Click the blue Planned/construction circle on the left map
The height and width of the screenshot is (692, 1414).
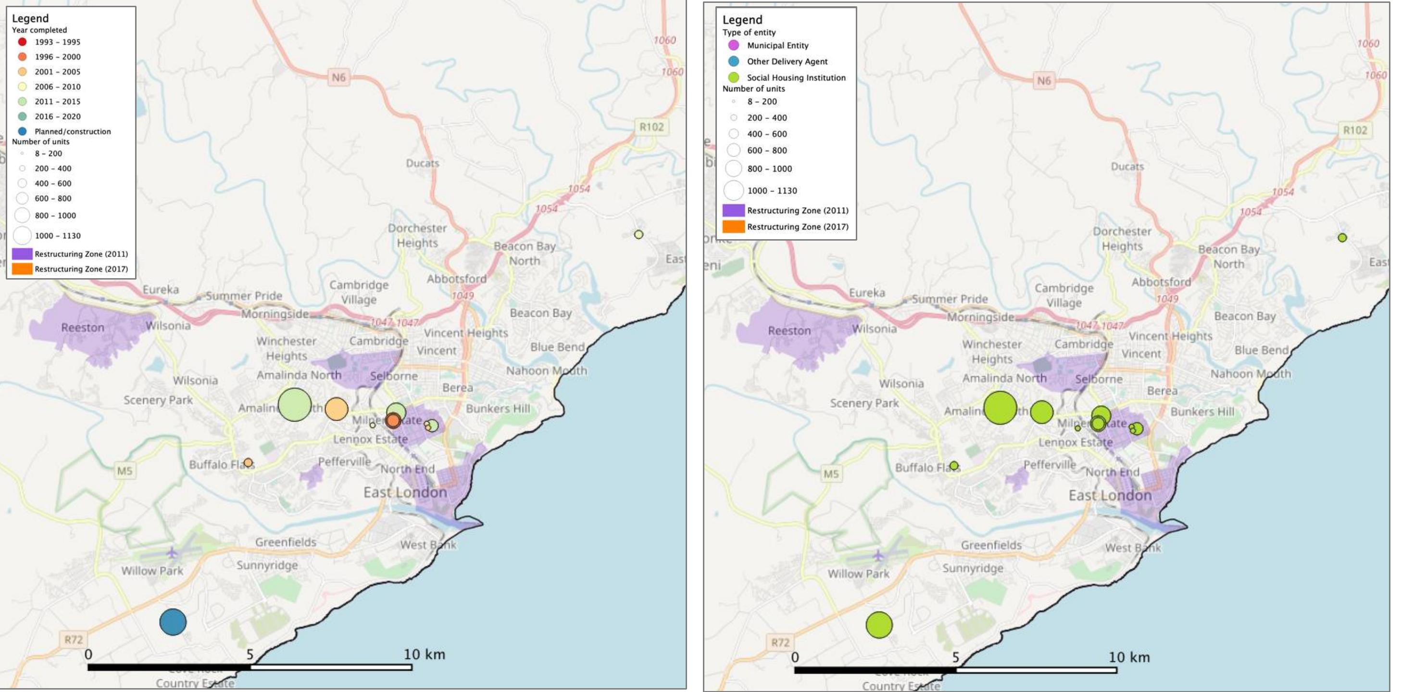point(173,622)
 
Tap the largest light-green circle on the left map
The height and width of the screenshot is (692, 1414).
point(295,405)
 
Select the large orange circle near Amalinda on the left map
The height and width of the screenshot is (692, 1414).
point(337,409)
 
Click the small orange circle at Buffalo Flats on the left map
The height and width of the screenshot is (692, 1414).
point(248,462)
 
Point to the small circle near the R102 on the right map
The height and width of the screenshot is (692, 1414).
point(1342,238)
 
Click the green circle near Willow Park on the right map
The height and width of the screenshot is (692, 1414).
point(879,625)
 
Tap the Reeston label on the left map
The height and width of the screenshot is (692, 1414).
point(82,327)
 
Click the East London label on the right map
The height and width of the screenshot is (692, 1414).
point(1110,495)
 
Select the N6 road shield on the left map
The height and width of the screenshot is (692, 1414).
point(338,77)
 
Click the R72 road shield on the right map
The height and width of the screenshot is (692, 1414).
point(780,642)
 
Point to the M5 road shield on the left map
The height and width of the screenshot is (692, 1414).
point(125,471)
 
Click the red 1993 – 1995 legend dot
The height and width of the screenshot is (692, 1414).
point(23,42)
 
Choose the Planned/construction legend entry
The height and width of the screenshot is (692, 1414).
point(72,131)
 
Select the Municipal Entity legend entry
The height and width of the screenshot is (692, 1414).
point(777,46)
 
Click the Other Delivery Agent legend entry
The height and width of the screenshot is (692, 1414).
point(787,62)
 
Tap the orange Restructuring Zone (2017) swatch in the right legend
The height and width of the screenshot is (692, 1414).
point(733,227)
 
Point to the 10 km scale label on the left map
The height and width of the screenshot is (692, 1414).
point(425,654)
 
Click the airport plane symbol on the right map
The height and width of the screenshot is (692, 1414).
point(878,555)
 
